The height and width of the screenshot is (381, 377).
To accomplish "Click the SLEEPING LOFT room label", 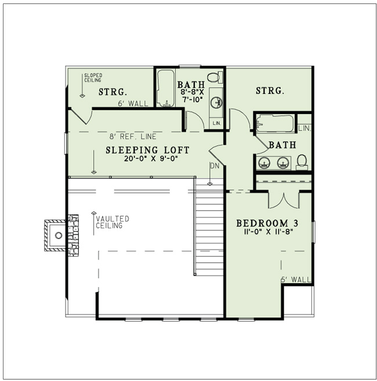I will (147, 150).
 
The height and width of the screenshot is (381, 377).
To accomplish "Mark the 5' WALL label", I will (295, 280).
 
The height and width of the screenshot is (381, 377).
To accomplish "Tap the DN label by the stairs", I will (214, 166).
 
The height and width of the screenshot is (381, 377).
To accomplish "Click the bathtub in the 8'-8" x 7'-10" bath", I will (166, 88).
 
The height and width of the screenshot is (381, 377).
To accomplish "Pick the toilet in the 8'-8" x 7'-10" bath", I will (213, 77).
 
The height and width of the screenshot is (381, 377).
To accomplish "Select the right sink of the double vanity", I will (282, 162).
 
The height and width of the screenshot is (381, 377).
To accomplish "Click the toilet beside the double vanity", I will (302, 161).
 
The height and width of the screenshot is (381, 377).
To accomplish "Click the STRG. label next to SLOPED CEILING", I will (113, 91).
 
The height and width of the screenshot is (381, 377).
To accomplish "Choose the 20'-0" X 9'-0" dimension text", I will (147, 159).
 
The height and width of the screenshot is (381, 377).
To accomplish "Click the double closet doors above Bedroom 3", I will (283, 199).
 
